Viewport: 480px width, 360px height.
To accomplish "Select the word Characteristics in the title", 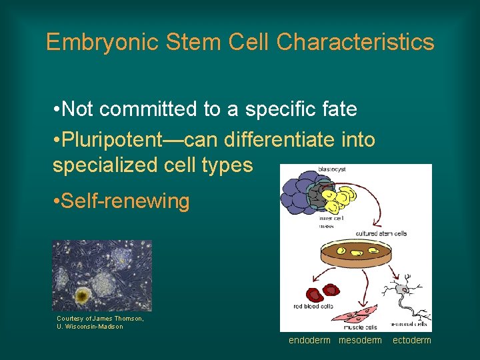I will click(355, 43).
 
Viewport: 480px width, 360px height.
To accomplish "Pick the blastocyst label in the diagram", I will click(332, 169).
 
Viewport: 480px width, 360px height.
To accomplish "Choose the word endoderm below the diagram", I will click(309, 341).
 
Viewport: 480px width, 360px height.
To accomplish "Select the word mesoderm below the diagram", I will click(361, 341).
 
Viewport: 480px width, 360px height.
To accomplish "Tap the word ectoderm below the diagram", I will click(411, 341).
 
